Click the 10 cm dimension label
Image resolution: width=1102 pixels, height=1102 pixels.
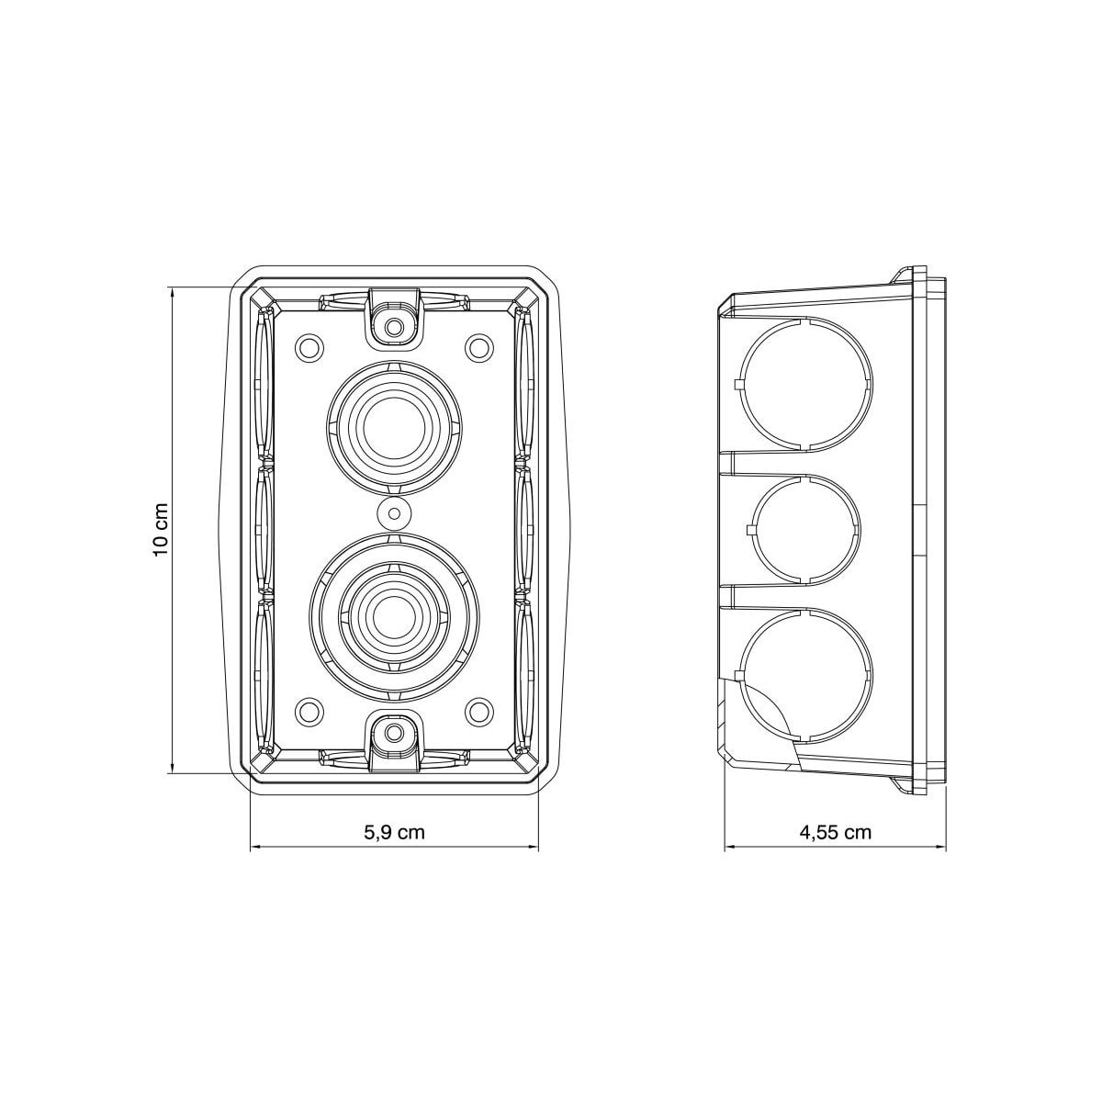(x=161, y=530)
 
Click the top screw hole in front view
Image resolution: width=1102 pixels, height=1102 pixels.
(x=393, y=328)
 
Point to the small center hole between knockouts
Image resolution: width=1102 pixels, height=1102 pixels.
(x=393, y=513)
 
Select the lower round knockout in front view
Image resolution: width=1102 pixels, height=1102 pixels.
(x=393, y=619)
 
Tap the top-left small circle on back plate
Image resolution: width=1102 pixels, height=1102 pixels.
(x=309, y=346)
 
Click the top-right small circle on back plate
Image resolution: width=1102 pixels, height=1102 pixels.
(x=478, y=346)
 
